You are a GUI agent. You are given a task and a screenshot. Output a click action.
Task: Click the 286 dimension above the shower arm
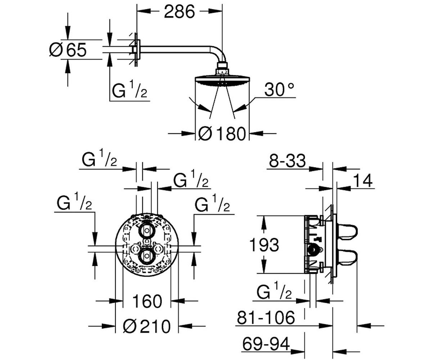click(179, 12)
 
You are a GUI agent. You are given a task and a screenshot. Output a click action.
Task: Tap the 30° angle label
click(279, 90)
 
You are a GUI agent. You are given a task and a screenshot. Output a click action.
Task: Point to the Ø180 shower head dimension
click(222, 134)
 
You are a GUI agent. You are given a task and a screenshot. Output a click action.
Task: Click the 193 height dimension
click(264, 245)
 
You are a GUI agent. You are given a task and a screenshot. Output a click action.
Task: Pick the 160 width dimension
click(147, 301)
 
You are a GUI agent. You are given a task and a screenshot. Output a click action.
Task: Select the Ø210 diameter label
click(147, 326)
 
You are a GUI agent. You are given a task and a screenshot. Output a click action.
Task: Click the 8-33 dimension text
click(287, 161)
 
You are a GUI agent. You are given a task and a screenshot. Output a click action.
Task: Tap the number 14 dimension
click(363, 180)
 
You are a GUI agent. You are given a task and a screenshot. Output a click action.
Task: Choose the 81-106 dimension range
click(266, 317)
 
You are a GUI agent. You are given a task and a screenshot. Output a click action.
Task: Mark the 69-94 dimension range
click(266, 344)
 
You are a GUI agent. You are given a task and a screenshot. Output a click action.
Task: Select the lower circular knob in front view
click(147, 256)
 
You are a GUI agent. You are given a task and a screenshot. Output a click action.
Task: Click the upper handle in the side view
click(347, 232)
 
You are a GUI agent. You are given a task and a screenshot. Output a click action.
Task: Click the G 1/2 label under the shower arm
click(130, 89)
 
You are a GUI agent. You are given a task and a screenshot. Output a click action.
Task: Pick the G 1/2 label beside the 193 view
click(274, 290)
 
